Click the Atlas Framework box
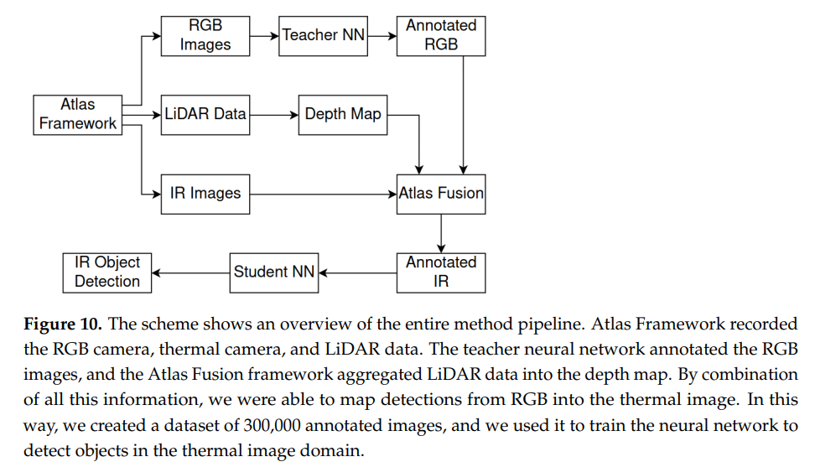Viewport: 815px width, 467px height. point(77,114)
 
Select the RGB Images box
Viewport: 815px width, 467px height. point(205,35)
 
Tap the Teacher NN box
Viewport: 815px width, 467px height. point(323,35)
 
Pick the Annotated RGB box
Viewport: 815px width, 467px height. point(441,35)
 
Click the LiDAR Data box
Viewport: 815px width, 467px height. point(205,114)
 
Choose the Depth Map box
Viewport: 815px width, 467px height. point(343,114)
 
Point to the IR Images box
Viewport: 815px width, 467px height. point(205,194)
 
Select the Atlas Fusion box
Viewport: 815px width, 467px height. point(441,194)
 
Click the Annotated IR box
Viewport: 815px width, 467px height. point(441,272)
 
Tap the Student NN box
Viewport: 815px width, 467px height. point(274,272)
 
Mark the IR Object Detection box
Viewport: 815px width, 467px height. point(107,272)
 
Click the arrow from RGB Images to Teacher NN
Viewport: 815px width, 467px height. point(264,36)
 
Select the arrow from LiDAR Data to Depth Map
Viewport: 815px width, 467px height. point(273,114)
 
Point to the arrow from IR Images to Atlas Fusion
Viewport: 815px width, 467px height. point(324,194)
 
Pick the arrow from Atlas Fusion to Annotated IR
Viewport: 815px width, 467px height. point(441,232)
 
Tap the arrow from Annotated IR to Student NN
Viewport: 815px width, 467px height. point(357,272)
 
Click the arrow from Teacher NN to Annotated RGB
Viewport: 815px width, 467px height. point(382,36)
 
